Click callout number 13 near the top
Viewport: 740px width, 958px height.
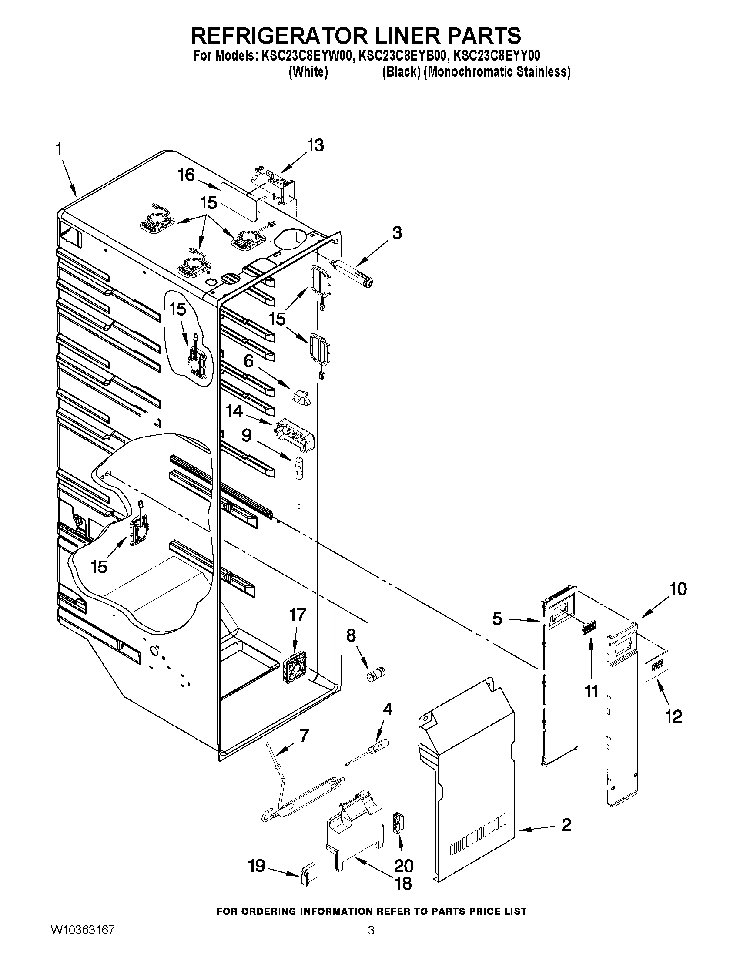315,145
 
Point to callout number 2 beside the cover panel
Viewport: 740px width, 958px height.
566,825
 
